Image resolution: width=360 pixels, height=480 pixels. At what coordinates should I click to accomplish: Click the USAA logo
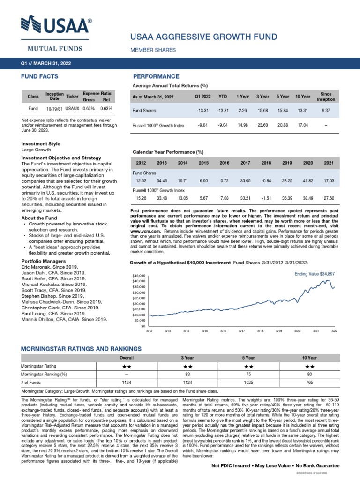57,28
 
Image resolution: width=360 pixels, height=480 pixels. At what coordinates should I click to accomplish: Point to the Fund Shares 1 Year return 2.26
242,111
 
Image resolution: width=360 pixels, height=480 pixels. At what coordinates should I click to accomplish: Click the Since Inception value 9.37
326,111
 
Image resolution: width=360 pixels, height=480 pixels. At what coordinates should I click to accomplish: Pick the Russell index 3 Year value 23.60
262,126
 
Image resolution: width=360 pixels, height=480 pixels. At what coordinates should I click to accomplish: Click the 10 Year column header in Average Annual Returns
303,97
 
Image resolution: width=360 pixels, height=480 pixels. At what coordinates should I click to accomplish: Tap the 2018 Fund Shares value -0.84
266,180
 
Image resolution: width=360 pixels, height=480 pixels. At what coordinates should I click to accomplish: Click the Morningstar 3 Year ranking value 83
187,374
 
